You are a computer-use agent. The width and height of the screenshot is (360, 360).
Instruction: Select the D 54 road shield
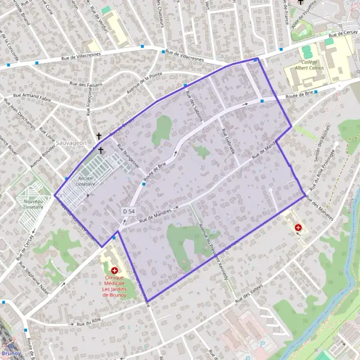click(128, 211)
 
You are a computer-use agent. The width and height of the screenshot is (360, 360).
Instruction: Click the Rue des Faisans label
click(86, 84)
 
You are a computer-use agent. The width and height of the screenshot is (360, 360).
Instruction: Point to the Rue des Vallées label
click(250, 292)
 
